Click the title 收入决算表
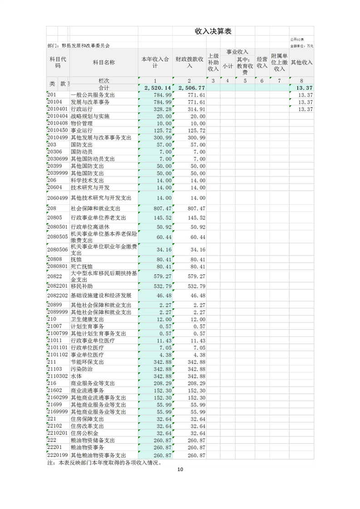click(213, 31)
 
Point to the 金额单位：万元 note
click(301, 46)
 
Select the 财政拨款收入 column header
click(190, 63)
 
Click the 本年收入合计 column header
click(155, 63)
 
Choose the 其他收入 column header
click(301, 63)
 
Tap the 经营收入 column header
click(262, 63)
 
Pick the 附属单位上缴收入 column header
click(279, 63)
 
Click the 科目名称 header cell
click(104, 63)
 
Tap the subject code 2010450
click(57, 131)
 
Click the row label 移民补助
click(82, 286)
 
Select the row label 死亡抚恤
click(82, 266)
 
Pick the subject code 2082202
click(57, 295)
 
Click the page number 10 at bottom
click(180, 470)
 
